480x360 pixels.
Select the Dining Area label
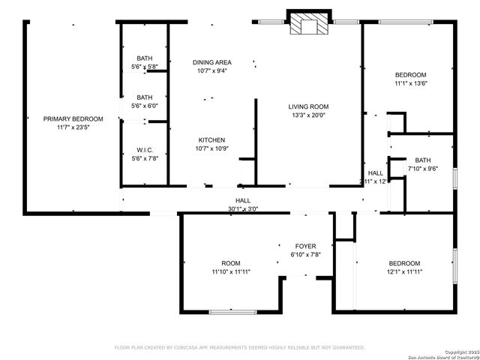[212, 62]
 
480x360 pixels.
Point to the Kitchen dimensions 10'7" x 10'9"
[211, 148]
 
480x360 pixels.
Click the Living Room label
[310, 106]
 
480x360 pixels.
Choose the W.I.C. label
[144, 149]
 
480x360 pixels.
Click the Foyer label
[305, 246]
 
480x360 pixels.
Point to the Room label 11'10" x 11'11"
[231, 263]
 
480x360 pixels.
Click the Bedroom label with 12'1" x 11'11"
[404, 263]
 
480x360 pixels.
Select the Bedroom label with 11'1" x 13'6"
[411, 75]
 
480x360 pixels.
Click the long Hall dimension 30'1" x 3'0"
[243, 209]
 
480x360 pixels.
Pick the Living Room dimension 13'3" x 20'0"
[310, 115]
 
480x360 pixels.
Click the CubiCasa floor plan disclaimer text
[239, 347]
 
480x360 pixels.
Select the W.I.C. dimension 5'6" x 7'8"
[144, 157]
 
